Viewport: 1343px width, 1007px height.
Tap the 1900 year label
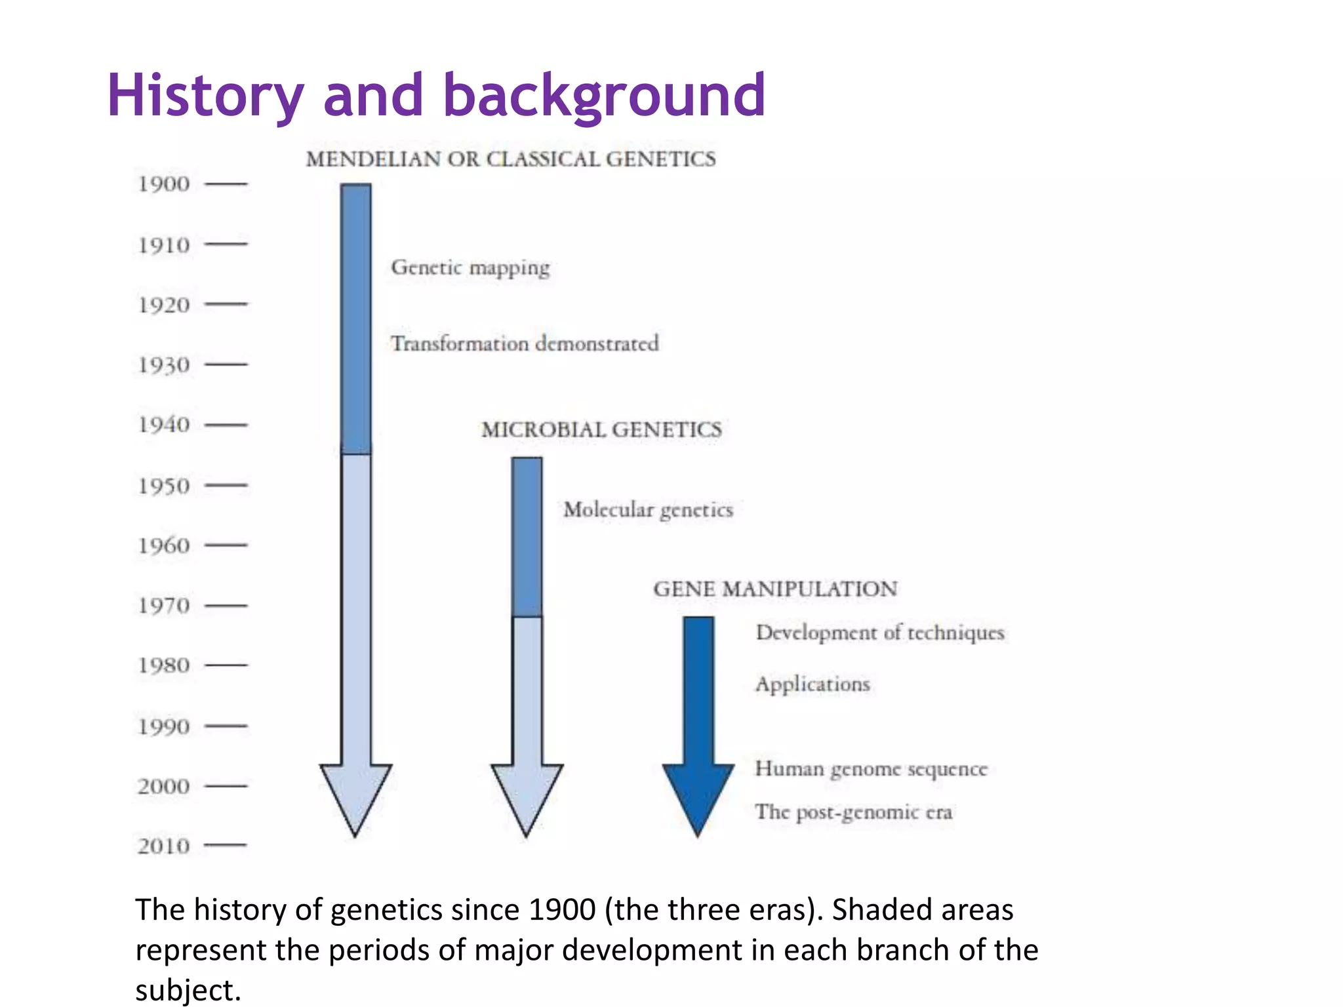point(164,184)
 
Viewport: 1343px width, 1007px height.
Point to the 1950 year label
point(164,486)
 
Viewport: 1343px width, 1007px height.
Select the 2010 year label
point(164,846)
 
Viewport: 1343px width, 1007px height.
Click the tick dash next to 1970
point(226,606)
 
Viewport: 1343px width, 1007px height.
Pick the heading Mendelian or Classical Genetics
point(511,159)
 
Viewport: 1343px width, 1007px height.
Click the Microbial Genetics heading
point(601,430)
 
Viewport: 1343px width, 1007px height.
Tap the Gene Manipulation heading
point(775,589)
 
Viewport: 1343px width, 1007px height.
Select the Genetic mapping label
point(470,267)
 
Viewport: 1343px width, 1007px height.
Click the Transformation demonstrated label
point(525,344)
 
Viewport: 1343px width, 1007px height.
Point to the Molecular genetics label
point(648,510)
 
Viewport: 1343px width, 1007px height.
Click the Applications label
point(812,684)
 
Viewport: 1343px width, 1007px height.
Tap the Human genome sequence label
point(871,768)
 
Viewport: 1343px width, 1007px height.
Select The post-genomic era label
point(853,812)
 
